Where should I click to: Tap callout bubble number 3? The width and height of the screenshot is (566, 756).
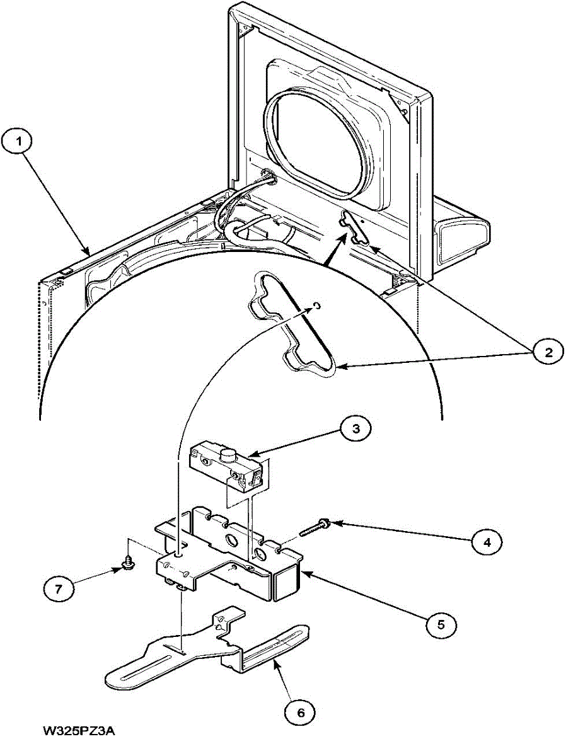click(x=355, y=428)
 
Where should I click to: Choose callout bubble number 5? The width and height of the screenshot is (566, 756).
click(x=440, y=624)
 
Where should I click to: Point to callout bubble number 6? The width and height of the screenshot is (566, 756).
click(x=300, y=712)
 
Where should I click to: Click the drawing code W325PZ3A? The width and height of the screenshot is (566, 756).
click(x=80, y=731)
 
